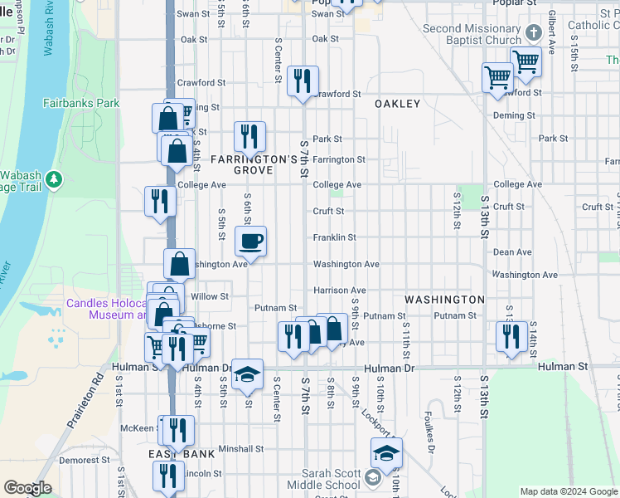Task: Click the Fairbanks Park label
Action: point(81,104)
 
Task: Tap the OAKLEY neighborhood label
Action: point(398,104)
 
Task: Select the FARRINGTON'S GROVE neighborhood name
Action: point(253,164)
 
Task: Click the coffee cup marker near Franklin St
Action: point(251,242)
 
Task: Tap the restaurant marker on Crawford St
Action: point(303,81)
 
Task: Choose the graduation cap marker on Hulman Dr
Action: point(247,375)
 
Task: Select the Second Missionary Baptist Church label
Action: point(471,34)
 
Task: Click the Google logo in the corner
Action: point(28,488)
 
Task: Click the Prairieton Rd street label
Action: point(98,389)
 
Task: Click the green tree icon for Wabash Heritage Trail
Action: point(54,178)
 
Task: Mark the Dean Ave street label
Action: point(511,251)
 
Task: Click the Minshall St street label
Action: point(240,449)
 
